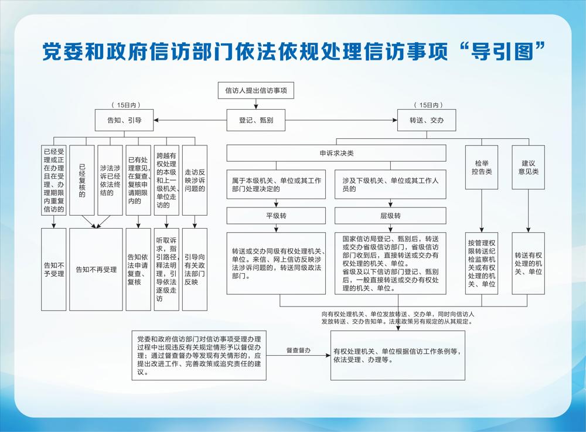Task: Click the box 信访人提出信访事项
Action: click(x=256, y=90)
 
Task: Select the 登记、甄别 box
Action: click(x=256, y=120)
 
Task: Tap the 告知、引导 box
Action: click(x=124, y=120)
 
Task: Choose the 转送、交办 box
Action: click(x=427, y=120)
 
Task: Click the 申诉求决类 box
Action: click(x=336, y=153)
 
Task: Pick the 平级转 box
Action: click(x=276, y=216)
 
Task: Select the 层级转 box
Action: click(x=390, y=216)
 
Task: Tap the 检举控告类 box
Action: click(x=482, y=168)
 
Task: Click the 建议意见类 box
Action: click(x=528, y=168)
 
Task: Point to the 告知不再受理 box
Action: click(x=96, y=270)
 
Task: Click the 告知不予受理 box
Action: click(x=54, y=270)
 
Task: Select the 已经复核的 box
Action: click(x=82, y=180)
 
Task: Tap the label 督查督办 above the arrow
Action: click(x=298, y=351)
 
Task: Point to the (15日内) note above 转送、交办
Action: click(x=428, y=106)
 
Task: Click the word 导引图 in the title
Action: click(x=502, y=51)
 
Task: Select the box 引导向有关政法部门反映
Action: click(x=195, y=270)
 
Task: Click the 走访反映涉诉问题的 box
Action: click(x=195, y=180)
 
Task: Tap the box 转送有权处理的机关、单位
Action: click(x=528, y=263)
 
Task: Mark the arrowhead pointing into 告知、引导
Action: click(x=156, y=120)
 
